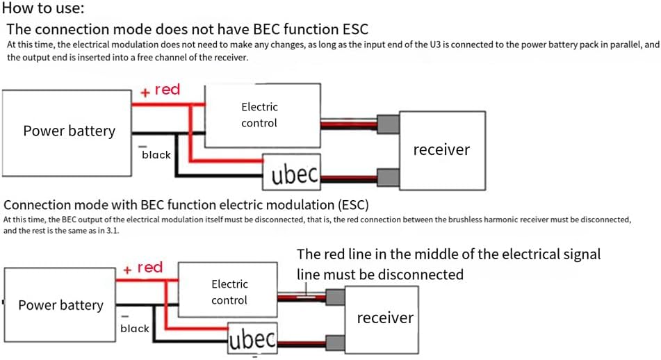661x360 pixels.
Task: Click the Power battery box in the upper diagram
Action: pyautogui.click(x=68, y=131)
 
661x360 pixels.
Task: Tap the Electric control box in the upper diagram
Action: pyautogui.click(x=262, y=115)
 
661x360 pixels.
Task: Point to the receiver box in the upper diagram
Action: pyautogui.click(x=441, y=149)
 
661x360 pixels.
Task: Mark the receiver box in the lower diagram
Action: pyautogui.click(x=384, y=318)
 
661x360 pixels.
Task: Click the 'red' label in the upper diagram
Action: pyautogui.click(x=167, y=90)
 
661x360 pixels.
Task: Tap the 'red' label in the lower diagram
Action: pyautogui.click(x=149, y=268)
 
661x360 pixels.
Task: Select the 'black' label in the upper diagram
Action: pyautogui.click(x=156, y=154)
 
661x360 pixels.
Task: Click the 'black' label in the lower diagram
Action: pyautogui.click(x=134, y=328)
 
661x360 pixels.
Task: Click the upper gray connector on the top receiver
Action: pyautogui.click(x=387, y=124)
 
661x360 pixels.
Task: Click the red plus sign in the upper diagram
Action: pyautogui.click(x=146, y=92)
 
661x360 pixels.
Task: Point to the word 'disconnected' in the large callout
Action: pyautogui.click(x=419, y=274)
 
